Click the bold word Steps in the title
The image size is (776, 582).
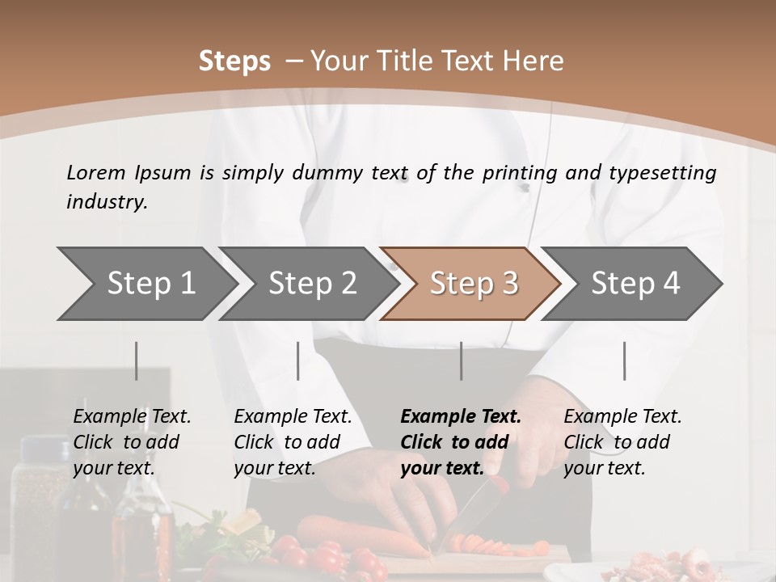pyautogui.click(x=234, y=61)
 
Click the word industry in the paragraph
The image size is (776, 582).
pyautogui.click(x=106, y=202)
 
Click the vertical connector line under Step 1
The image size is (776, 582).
pyautogui.click(x=137, y=361)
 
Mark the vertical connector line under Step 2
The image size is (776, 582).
pyautogui.click(x=298, y=361)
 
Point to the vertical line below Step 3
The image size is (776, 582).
pyautogui.click(x=461, y=361)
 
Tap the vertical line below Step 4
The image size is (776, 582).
pyautogui.click(x=624, y=361)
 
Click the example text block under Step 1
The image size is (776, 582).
pyautogui.click(x=132, y=442)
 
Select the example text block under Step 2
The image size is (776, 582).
pyautogui.click(x=293, y=442)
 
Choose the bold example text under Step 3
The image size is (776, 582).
pyautogui.click(x=461, y=442)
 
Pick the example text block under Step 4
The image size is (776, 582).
pyautogui.click(x=622, y=442)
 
